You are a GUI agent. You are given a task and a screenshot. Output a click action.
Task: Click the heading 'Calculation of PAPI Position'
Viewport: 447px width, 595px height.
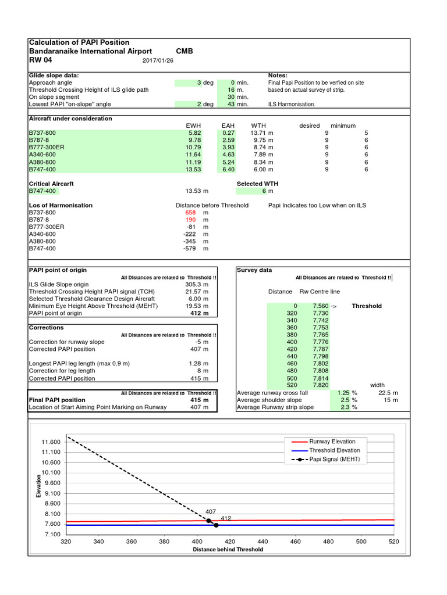79,42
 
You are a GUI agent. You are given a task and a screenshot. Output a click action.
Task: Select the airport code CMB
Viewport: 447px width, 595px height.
184,51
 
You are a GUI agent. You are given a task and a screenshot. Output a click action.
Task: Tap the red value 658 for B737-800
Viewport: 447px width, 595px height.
190,213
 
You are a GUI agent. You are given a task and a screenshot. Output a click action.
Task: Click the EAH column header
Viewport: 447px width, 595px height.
228,126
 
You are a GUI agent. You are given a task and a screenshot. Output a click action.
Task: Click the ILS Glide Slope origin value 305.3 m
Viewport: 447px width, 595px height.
197,285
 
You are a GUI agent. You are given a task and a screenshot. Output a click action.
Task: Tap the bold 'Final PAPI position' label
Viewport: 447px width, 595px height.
57,400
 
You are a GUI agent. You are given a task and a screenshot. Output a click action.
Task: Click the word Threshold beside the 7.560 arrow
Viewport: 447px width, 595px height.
367,306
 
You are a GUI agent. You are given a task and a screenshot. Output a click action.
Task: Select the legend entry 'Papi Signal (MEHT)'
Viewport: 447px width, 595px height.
334,459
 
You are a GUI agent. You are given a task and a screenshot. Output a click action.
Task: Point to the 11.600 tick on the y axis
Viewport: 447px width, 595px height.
51,442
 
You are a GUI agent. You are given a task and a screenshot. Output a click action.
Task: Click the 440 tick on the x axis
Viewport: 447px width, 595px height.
262,542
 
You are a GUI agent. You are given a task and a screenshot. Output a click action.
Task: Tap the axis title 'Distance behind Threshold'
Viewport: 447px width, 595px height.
228,549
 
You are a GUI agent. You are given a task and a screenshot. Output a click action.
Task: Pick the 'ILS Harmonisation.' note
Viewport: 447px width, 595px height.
292,104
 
